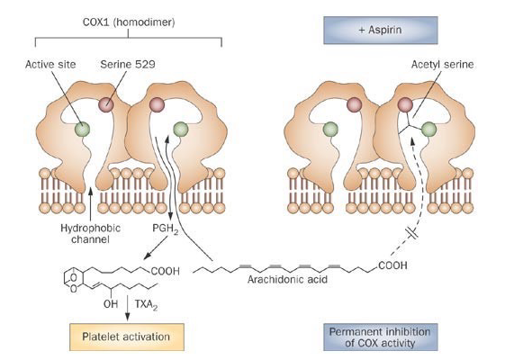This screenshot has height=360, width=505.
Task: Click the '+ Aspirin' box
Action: click(379, 31)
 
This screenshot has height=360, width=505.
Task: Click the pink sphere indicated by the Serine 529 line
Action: click(105, 106)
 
